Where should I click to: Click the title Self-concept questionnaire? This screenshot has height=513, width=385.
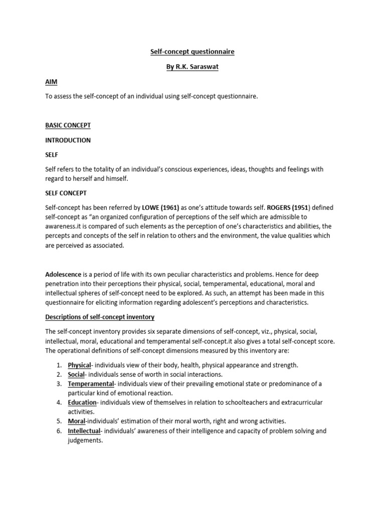[x=193, y=52]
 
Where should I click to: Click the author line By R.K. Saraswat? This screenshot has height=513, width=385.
[x=193, y=67]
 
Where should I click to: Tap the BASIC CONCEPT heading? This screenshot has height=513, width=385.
[x=68, y=125]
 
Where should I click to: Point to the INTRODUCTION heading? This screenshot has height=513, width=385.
[x=68, y=140]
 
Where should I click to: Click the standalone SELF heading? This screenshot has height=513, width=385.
[x=52, y=155]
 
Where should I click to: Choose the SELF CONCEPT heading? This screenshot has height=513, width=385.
[x=66, y=192]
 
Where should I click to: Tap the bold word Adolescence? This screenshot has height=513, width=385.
[x=63, y=275]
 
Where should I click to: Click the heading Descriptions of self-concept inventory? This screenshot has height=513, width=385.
[x=100, y=317]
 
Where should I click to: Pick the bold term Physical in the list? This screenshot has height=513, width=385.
[x=79, y=365]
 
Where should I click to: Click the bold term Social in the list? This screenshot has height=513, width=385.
[x=76, y=374]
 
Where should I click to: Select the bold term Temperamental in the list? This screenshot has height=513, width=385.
[x=90, y=384]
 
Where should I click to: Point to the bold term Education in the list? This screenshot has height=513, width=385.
[x=82, y=402]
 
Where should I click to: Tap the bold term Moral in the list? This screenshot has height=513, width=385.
[x=77, y=421]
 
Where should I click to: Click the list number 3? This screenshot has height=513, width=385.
[x=58, y=384]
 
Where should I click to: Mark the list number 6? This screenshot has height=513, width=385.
[x=58, y=431]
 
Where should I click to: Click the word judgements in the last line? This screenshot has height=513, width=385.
[x=85, y=440]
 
